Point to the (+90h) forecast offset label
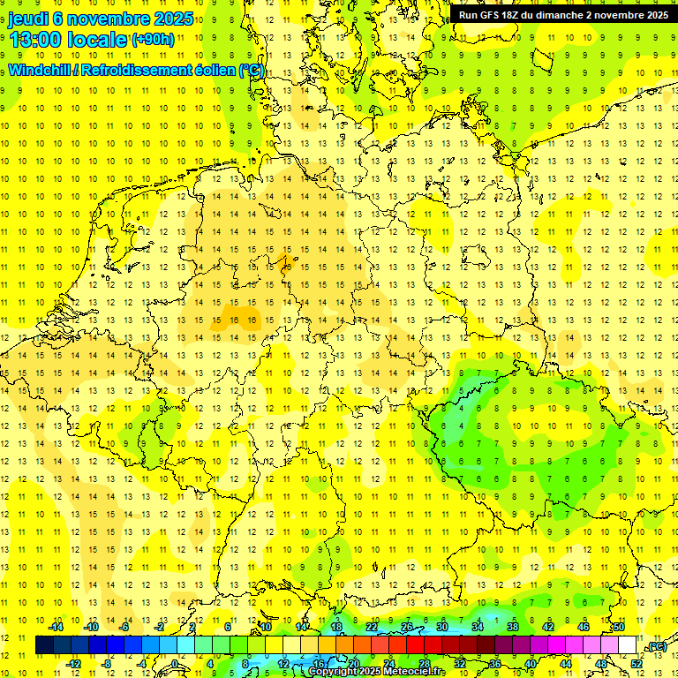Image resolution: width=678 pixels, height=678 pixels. click(x=153, y=40)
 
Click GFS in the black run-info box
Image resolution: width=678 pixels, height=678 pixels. click(x=493, y=14)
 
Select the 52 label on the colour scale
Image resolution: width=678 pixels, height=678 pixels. click(x=637, y=663)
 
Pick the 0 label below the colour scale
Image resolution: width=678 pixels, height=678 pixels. click(x=175, y=663)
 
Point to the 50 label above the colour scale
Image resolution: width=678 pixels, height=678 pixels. click(x=619, y=627)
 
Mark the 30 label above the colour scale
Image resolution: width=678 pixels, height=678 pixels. click(x=441, y=627)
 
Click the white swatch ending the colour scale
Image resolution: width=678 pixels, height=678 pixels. click(x=627, y=645)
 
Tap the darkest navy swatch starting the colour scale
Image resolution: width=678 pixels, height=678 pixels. click(x=44, y=645)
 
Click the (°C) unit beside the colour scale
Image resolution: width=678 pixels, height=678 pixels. click(x=656, y=646)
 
